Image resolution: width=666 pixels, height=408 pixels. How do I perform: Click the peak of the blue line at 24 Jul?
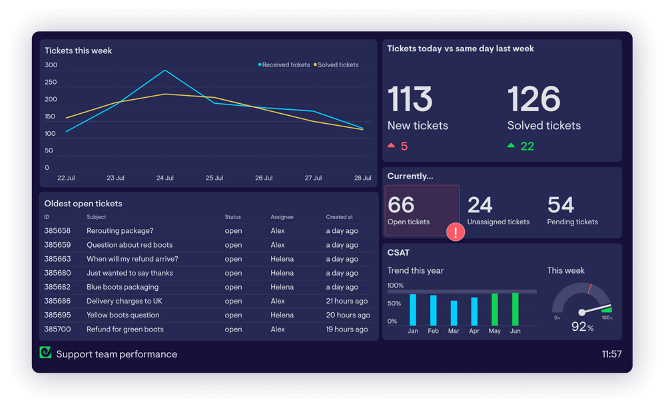pos(165,71)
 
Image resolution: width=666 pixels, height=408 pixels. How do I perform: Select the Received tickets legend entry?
pos(285,65)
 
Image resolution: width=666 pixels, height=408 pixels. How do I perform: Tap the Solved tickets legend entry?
pos(337,65)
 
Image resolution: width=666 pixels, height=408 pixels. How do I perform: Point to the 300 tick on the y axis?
pos(51,65)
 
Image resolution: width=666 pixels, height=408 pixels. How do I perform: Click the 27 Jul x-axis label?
pos(313,178)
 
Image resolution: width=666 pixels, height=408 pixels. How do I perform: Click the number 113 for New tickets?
pos(410,99)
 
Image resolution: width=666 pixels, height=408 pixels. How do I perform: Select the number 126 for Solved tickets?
pos(533,99)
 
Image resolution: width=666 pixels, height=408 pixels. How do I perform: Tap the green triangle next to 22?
pos(511,146)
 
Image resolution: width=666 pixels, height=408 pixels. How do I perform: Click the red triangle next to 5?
pos(392,146)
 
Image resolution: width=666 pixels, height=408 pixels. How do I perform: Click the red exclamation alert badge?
pos(456,232)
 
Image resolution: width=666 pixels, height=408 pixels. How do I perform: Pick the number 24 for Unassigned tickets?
pos(480,205)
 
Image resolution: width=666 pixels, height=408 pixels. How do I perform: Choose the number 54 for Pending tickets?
pos(561,205)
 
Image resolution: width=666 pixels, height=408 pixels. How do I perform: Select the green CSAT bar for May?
pos(495,309)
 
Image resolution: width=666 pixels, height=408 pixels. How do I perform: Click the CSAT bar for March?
pos(454,313)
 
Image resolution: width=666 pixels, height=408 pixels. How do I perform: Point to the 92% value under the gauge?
pos(582,327)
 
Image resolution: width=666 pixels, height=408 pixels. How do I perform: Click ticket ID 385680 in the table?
pos(57,273)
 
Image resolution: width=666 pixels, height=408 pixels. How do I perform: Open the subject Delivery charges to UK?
pos(124,301)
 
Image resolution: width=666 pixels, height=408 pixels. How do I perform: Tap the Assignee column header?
pos(282,217)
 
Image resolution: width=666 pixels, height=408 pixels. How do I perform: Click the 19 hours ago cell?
pos(346,329)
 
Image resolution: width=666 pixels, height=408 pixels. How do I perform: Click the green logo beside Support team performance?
pos(45,353)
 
